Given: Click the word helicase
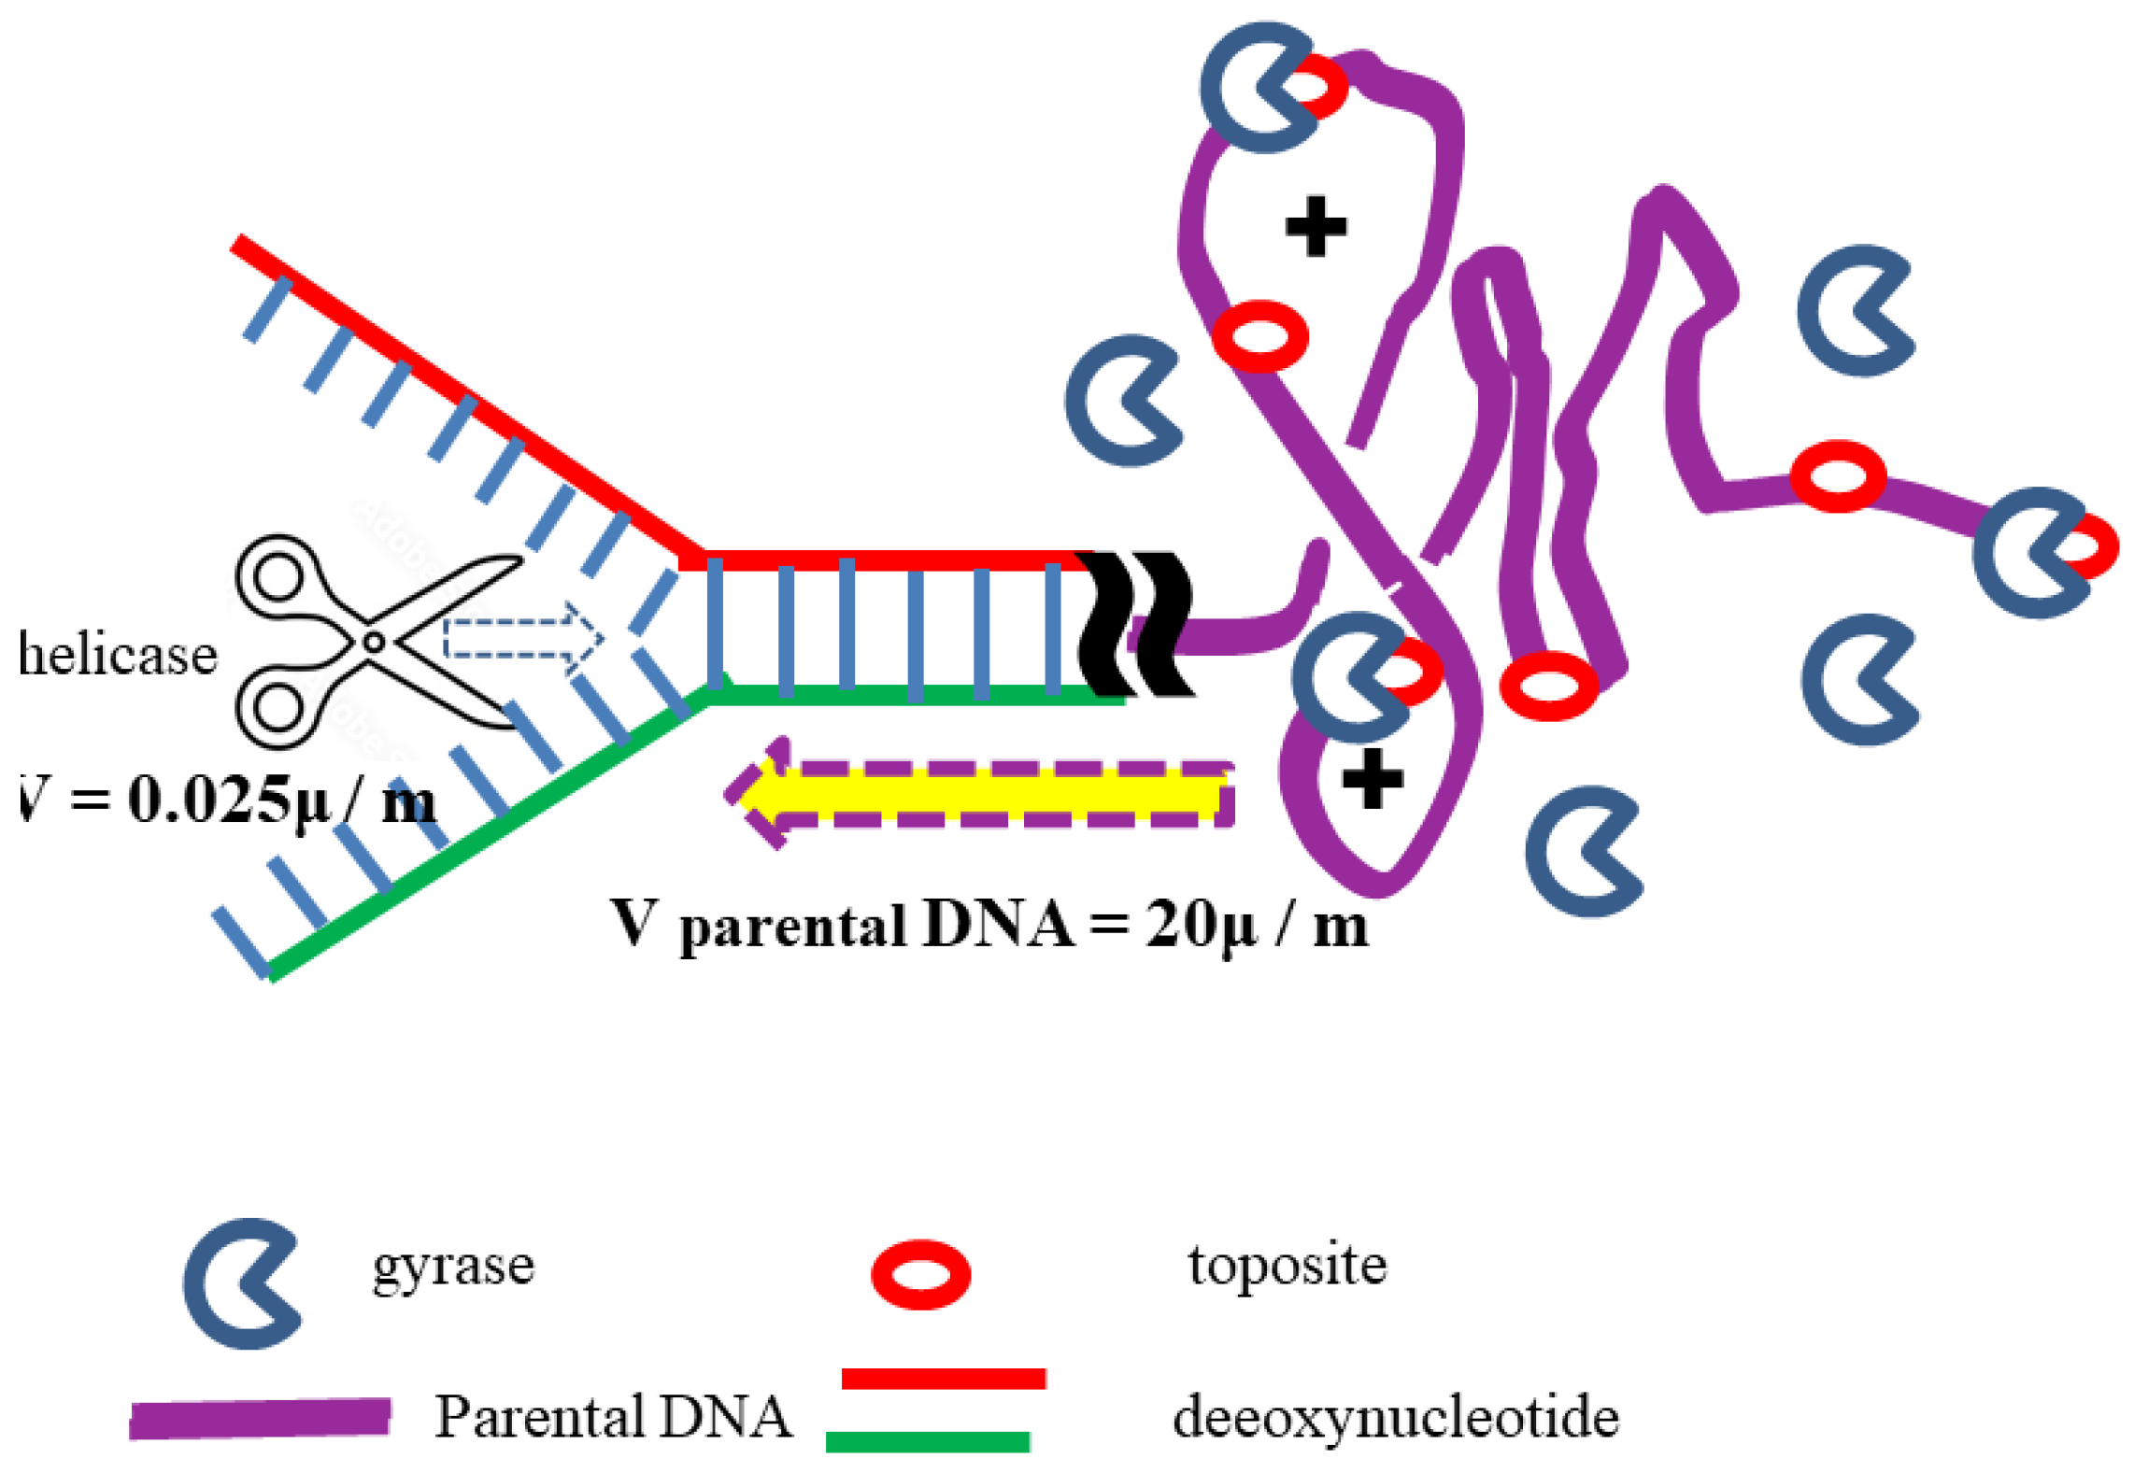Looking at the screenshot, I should [118, 654].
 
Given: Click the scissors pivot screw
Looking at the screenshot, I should [374, 643].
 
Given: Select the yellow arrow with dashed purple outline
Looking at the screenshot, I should [981, 794].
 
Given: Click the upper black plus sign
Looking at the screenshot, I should [1316, 226].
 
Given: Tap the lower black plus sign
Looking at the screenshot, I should [1372, 778].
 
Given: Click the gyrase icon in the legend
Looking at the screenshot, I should [241, 1283].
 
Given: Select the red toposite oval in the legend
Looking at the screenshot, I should [920, 1275].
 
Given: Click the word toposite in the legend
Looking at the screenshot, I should [1287, 1266].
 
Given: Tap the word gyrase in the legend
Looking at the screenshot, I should [453, 1268].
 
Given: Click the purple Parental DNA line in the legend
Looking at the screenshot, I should [260, 1419].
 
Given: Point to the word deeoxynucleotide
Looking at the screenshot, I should [1396, 1418].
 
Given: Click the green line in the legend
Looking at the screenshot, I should [928, 1441].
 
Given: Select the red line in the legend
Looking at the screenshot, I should [944, 1379].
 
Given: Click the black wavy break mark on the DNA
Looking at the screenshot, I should [1135, 624].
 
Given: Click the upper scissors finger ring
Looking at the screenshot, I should [278, 575].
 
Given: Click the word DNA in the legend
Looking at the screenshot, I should [724, 1417].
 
